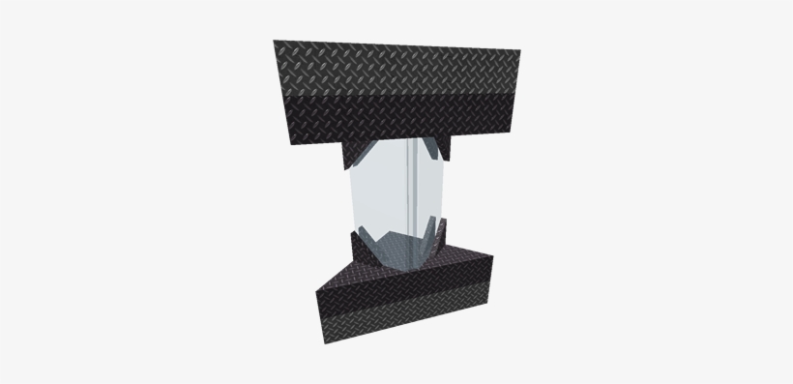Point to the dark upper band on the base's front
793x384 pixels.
click(406, 302)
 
